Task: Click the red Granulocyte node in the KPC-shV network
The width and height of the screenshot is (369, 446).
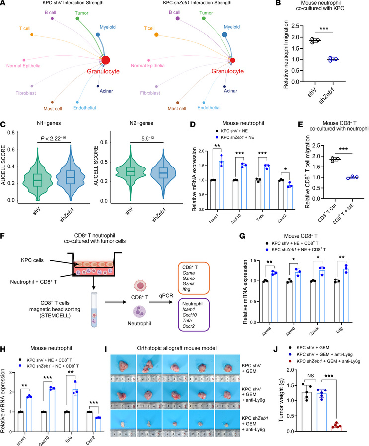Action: coord(106,60)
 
